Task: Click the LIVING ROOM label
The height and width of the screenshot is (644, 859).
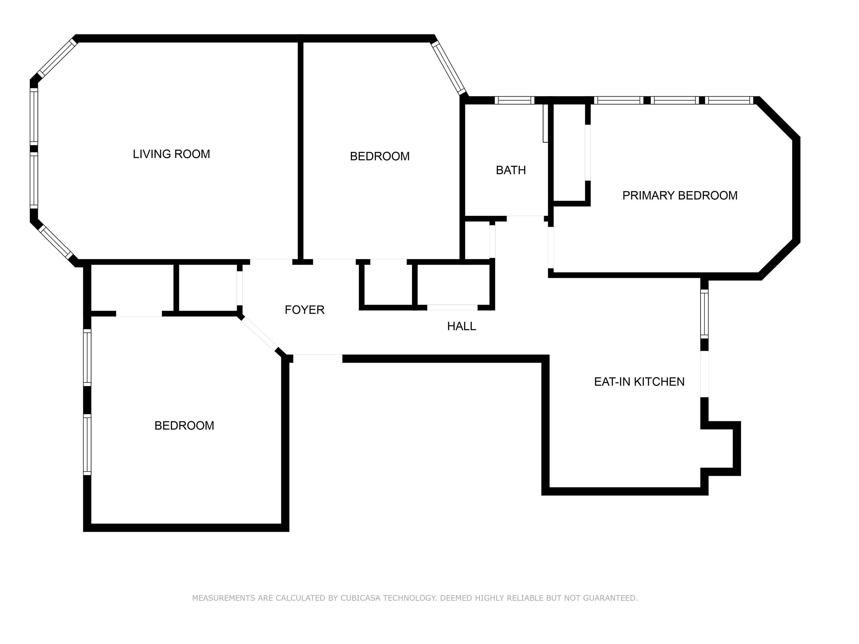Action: (171, 154)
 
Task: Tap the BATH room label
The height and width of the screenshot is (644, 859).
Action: (511, 170)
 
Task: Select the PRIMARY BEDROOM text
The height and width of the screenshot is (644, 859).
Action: (679, 195)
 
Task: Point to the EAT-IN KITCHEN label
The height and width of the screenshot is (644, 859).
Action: (639, 382)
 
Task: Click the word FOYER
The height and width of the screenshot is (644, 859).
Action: (304, 310)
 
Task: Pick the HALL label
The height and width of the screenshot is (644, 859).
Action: (461, 326)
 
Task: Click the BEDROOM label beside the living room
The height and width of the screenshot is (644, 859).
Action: (379, 156)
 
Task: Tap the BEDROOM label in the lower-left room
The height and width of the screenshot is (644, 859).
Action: (184, 426)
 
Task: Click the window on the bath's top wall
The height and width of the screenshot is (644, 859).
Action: (515, 101)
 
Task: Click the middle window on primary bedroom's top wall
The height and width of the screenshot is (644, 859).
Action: (675, 101)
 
